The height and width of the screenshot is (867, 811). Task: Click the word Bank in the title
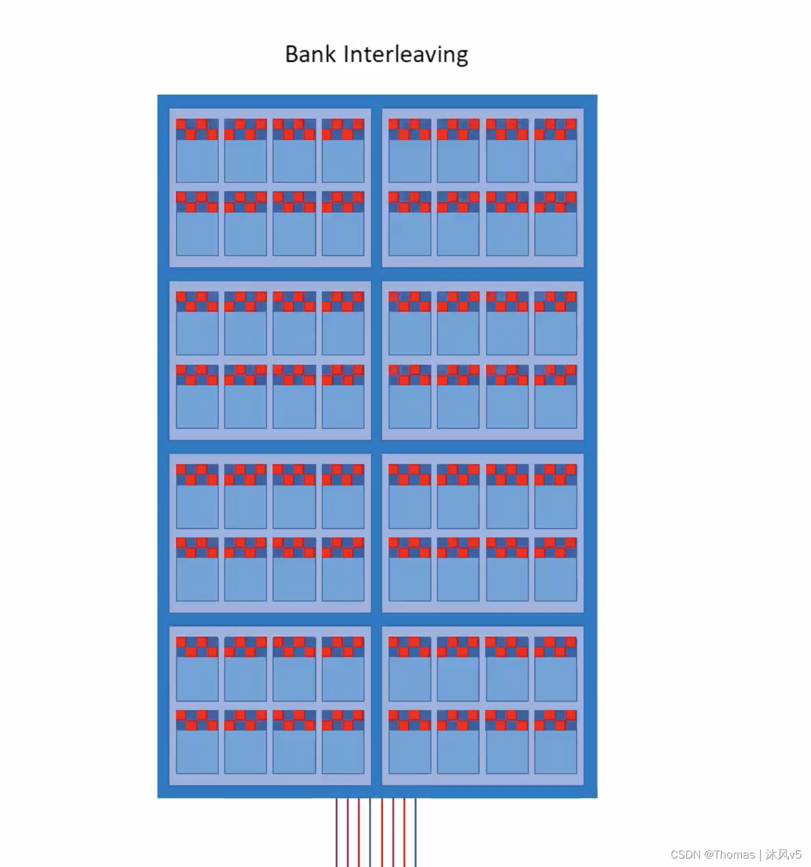click(x=310, y=55)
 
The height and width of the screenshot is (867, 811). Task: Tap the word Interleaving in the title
click(x=405, y=55)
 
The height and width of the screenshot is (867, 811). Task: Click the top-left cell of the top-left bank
click(x=197, y=150)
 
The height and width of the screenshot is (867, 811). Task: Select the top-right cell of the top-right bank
click(x=555, y=150)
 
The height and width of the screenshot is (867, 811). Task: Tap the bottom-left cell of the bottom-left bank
click(x=197, y=742)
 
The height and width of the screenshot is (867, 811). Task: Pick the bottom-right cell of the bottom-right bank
click(x=555, y=742)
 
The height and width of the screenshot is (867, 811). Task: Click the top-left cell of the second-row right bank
click(x=410, y=323)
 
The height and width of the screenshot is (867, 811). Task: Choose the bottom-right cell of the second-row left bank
click(x=343, y=396)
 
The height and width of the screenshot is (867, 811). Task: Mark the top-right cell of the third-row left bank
click(x=343, y=496)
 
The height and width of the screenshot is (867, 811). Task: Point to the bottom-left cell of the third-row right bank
click(x=410, y=569)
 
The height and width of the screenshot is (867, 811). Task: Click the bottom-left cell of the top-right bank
click(x=410, y=224)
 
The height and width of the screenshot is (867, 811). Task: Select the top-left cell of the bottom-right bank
click(x=410, y=669)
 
